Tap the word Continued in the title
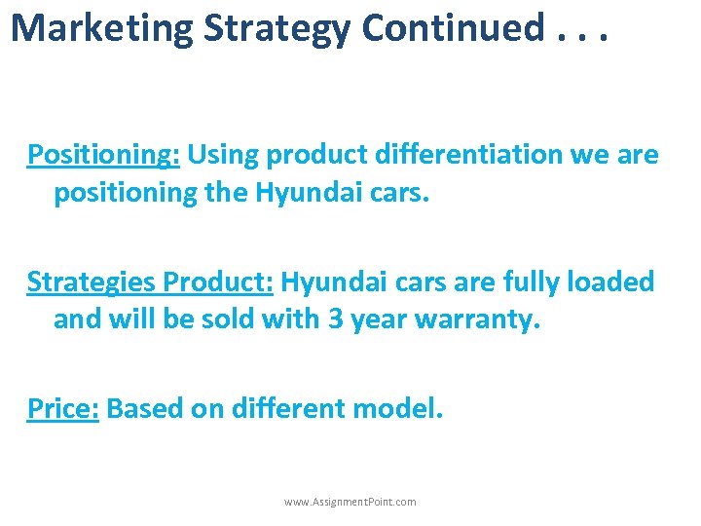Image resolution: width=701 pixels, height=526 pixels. pos(452,28)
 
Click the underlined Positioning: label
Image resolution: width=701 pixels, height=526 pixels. pos(104,156)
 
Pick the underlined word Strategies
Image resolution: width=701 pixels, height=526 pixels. pos(92,282)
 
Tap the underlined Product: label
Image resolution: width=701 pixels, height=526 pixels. pos(219,282)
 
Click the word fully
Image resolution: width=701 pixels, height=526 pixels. pos(537,282)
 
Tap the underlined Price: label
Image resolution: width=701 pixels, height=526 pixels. pos(63,409)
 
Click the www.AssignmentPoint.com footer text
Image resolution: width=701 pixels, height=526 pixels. pos(350,502)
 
